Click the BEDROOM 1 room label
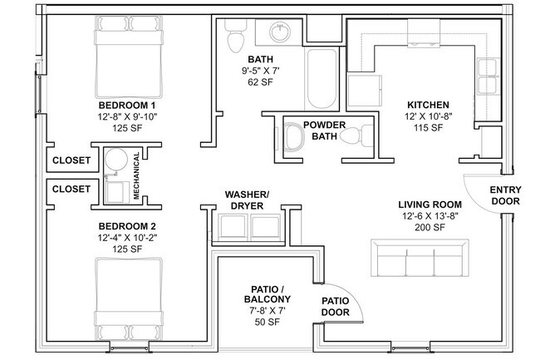click(127, 106)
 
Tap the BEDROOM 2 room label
click(127, 226)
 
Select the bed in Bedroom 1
click(126, 52)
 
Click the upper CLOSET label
click(71, 160)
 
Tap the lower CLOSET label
click(71, 190)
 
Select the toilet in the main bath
click(235, 35)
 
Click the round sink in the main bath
click(280, 33)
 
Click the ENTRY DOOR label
click(506, 195)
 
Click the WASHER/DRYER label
click(248, 200)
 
